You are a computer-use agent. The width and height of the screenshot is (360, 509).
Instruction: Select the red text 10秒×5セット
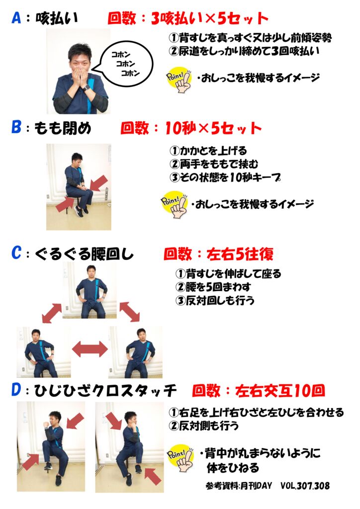coord(213,128)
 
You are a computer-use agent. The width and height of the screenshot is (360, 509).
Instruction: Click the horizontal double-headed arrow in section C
coord(90,349)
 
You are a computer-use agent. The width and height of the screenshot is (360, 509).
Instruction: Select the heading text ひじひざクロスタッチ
coord(105,391)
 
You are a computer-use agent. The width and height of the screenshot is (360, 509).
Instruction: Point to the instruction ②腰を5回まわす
coord(213,287)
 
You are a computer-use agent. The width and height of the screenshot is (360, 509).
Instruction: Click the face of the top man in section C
coord(90,271)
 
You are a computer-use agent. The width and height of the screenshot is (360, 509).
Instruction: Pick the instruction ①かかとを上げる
coord(208,151)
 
